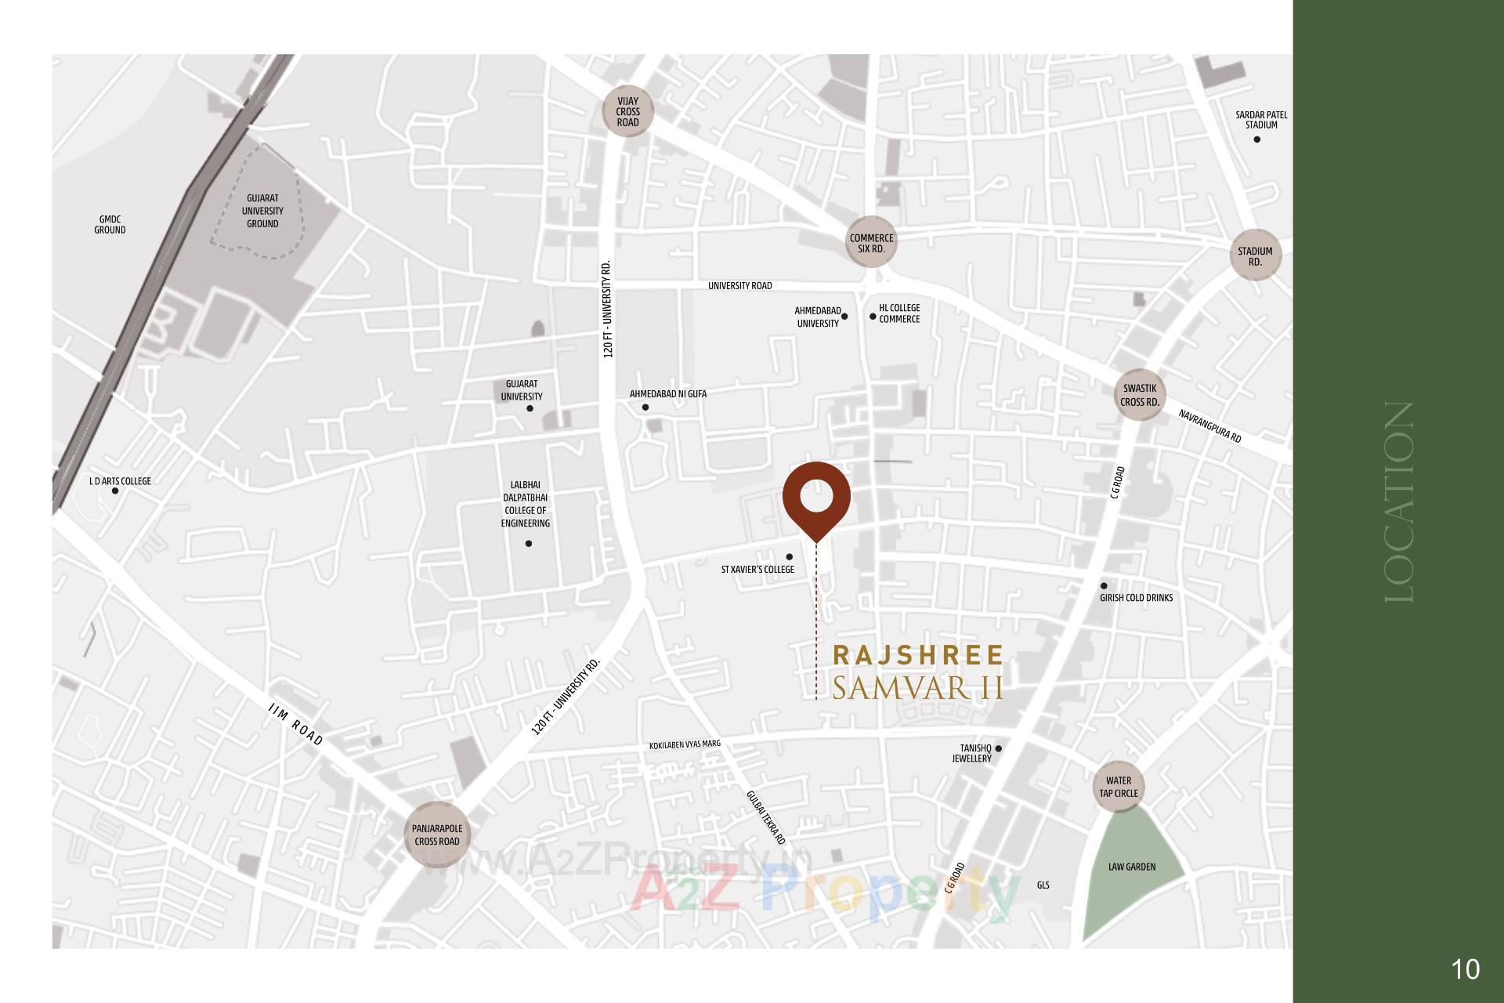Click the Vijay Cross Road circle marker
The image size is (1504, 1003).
click(627, 111)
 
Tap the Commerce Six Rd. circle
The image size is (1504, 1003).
click(871, 242)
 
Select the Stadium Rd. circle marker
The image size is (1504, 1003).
click(1255, 256)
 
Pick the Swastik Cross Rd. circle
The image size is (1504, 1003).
click(1140, 395)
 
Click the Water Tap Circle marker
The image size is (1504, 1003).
click(1118, 787)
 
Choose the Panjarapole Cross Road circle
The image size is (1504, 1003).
click(437, 835)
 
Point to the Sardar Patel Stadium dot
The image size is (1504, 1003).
click(1256, 139)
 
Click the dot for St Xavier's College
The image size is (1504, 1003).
click(789, 557)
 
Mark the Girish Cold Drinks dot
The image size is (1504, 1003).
click(1104, 585)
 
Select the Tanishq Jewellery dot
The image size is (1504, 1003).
click(998, 748)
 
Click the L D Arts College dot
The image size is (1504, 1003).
click(115, 491)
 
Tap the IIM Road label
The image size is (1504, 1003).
click(295, 725)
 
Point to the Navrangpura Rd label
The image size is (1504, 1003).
click(1209, 425)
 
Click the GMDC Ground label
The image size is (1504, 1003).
click(110, 225)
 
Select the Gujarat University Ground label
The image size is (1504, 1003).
click(262, 211)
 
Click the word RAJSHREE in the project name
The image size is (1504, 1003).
click(917, 655)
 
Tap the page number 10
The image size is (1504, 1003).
click(1465, 969)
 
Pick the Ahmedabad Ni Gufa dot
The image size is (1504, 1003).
click(645, 407)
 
